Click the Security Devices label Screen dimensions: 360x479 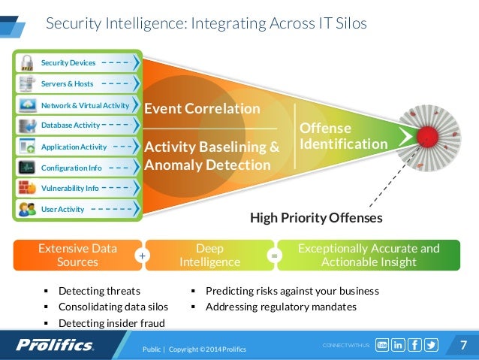68,62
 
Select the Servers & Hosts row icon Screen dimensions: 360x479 27,83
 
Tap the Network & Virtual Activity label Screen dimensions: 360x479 85,105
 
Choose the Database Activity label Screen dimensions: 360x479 70,125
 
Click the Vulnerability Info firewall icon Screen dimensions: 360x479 27,188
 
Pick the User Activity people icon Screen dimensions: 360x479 27,209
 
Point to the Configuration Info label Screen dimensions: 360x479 71,168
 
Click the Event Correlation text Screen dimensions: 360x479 201,109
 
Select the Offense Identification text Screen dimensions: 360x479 343,136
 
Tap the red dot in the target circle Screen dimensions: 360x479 427,136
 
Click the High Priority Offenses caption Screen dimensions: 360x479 316,219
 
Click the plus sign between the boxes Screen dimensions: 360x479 140,256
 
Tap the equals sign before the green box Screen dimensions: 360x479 274,256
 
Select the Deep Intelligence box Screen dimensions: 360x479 209,256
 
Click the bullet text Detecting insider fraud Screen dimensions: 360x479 111,323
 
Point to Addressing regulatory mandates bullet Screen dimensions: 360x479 281,307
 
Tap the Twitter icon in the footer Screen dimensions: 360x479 431,345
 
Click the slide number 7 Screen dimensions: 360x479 463,345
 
